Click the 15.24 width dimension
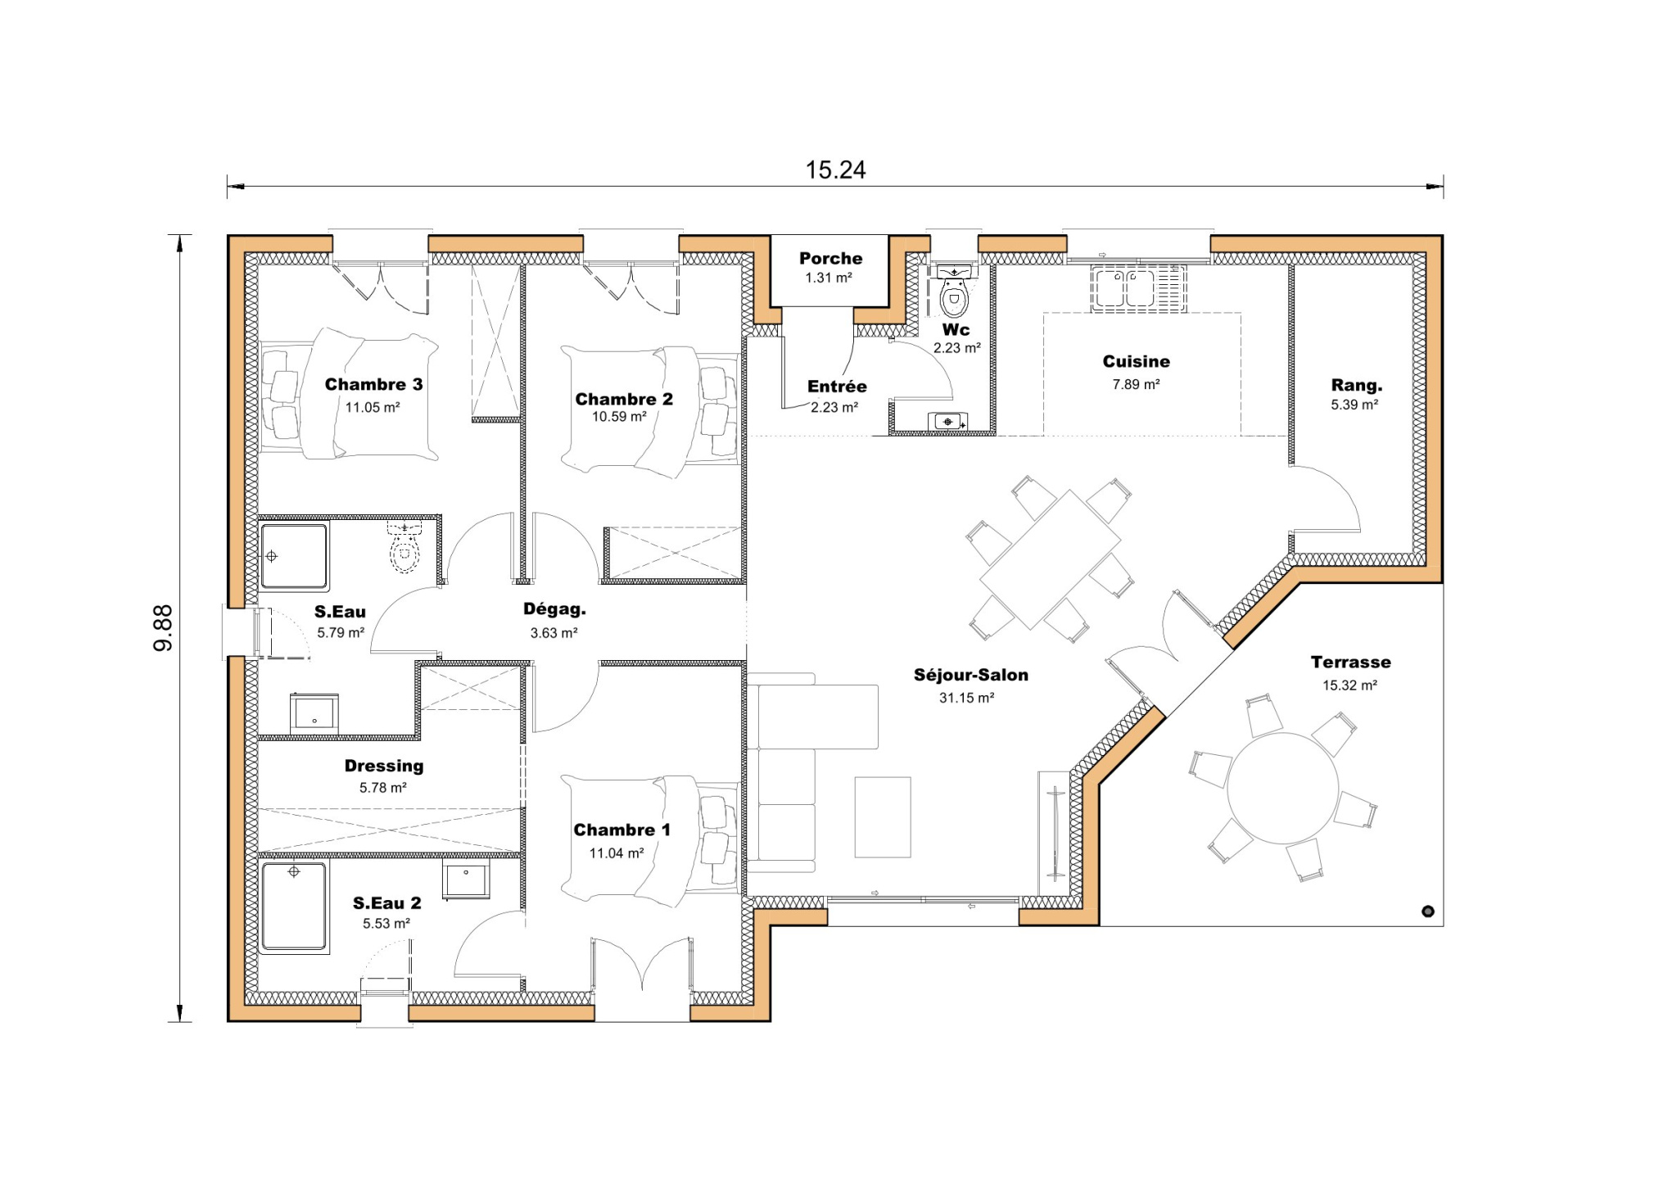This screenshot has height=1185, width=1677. [835, 170]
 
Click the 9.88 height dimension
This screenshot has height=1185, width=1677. [163, 628]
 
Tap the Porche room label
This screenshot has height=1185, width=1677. [830, 258]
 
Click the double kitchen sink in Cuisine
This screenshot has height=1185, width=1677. [1125, 288]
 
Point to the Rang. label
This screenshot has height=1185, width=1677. [1356, 385]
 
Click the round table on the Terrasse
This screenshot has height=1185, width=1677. [1282, 788]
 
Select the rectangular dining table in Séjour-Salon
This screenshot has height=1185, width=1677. [1050, 559]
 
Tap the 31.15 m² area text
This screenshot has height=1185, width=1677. [966, 698]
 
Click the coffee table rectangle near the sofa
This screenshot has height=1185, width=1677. [882, 816]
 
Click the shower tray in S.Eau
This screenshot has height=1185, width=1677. [294, 556]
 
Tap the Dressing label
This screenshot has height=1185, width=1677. [383, 766]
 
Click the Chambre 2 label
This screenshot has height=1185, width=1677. [623, 399]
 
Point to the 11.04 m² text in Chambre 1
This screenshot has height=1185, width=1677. [616, 853]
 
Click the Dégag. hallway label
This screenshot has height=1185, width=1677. [554, 609]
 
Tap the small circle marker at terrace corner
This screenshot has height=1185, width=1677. [1428, 911]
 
